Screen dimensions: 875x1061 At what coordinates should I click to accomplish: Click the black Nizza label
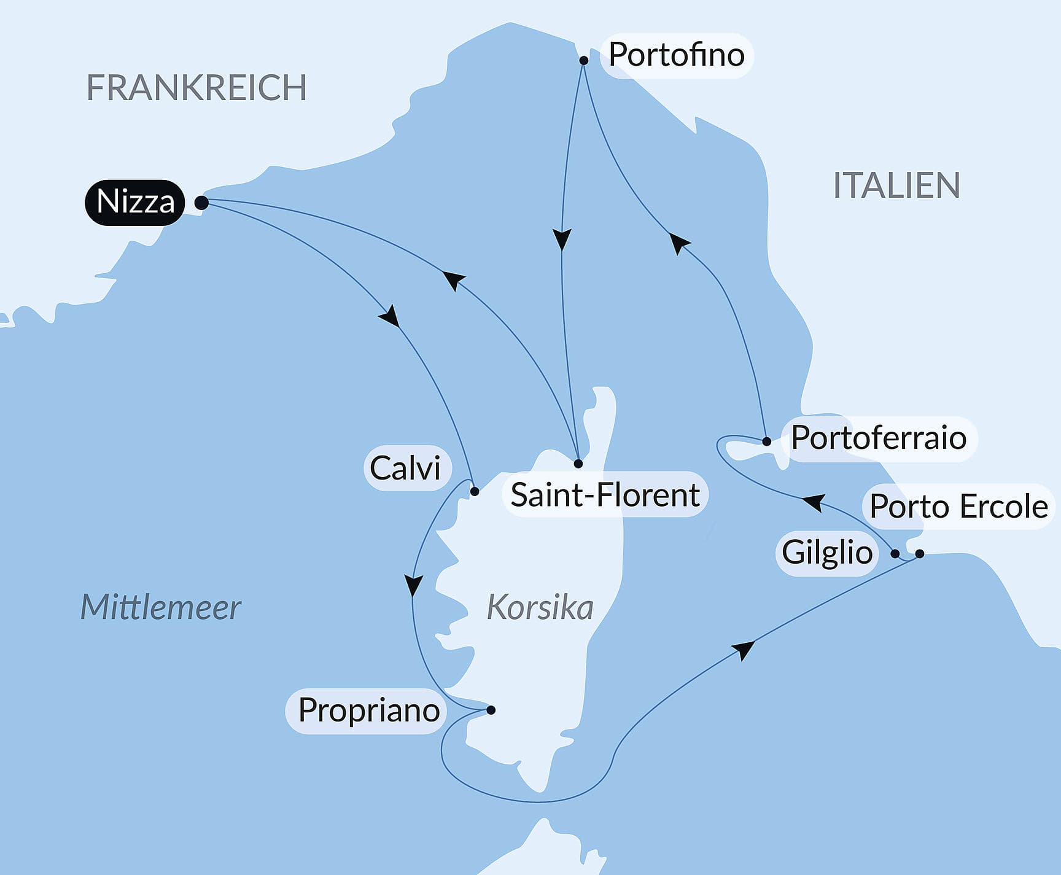[x=135, y=202]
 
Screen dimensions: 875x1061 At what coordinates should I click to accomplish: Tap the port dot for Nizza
[x=201, y=203]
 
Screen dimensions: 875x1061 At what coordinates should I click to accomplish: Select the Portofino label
[x=676, y=55]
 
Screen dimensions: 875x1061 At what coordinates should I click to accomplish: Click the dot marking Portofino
[x=584, y=60]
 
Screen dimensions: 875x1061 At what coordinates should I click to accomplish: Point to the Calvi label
[x=406, y=468]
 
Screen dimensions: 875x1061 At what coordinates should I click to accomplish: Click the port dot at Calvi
[x=475, y=491]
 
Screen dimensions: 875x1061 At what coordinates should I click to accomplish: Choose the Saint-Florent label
[x=605, y=494]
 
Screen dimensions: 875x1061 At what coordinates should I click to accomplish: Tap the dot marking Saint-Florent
[x=578, y=464]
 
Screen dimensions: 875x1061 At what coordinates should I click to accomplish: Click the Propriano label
[x=368, y=710]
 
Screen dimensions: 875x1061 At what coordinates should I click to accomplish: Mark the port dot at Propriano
[x=491, y=710]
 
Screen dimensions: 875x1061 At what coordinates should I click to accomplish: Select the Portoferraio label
[x=878, y=438]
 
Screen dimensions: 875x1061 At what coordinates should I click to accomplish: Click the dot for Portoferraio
[x=766, y=441]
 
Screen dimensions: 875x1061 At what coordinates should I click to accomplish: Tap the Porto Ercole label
[x=958, y=507]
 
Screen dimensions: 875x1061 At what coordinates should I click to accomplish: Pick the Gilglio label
[x=827, y=552]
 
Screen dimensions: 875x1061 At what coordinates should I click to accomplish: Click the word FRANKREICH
[x=196, y=87]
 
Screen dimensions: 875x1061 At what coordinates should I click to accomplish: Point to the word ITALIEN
[x=896, y=185]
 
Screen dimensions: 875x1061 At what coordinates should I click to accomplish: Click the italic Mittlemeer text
[x=160, y=607]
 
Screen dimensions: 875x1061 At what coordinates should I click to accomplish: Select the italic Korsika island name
[x=540, y=608]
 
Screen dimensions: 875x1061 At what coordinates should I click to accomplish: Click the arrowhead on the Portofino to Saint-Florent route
[x=562, y=238]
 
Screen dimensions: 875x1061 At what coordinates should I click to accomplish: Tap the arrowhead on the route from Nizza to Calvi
[x=390, y=316]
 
